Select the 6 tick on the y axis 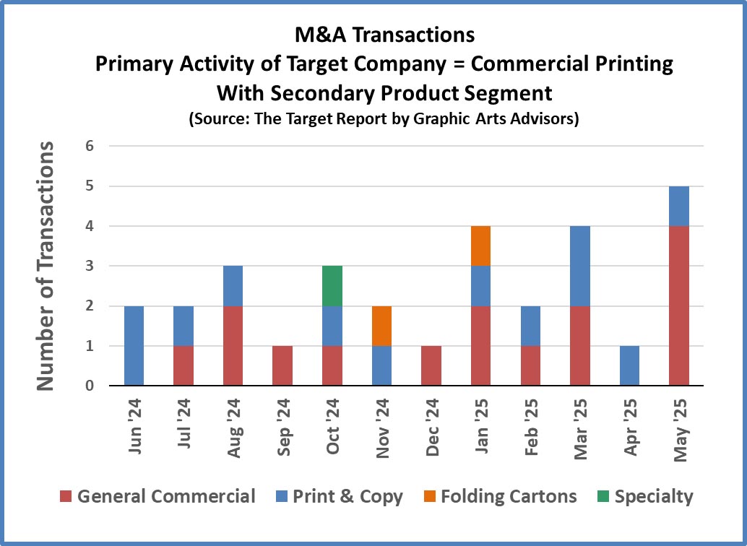pyautogui.click(x=90, y=147)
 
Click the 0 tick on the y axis pyautogui.click(x=90, y=386)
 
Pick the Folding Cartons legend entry pyautogui.click(x=508, y=497)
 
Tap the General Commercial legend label pyautogui.click(x=165, y=497)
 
